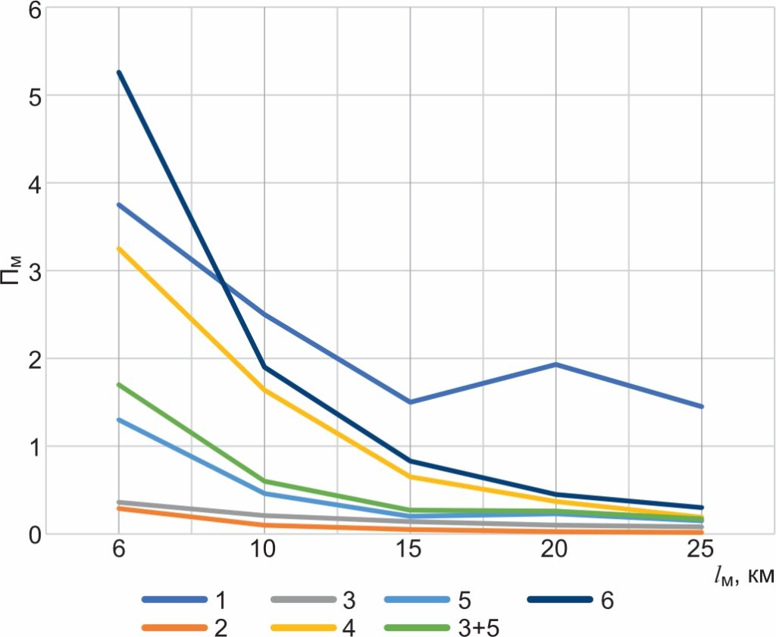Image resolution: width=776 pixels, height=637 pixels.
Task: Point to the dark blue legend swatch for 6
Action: click(x=559, y=601)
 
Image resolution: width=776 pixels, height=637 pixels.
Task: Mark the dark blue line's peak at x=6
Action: click(x=119, y=73)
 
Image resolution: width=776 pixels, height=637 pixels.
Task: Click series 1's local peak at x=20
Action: click(x=556, y=364)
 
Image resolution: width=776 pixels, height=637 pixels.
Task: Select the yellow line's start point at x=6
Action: click(x=119, y=248)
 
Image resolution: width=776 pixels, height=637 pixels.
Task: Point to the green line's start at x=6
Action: click(x=119, y=385)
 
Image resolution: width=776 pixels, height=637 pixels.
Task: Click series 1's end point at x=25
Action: click(x=702, y=407)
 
